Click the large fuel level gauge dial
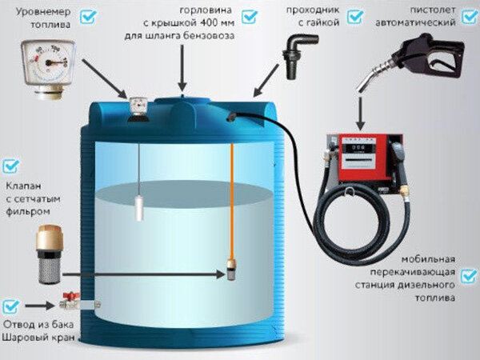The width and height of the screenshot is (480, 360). (x=48, y=62)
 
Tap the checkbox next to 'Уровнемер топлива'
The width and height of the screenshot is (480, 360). (x=88, y=16)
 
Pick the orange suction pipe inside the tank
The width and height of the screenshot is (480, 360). (x=232, y=202)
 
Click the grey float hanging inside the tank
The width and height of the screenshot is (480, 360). (x=139, y=209)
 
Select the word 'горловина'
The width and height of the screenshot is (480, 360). (x=206, y=10)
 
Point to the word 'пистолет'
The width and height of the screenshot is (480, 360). (x=433, y=10)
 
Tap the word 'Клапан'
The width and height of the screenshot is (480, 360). (x=23, y=186)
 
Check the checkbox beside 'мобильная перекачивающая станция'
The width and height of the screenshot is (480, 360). (x=469, y=276)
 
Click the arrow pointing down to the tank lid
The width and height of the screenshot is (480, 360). (x=182, y=68)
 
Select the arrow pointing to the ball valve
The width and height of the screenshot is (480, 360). (x=40, y=306)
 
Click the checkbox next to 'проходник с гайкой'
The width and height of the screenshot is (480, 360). (x=355, y=17)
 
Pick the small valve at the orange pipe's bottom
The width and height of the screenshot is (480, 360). (x=231, y=270)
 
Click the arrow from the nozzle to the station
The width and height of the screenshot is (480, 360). (x=361, y=114)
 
